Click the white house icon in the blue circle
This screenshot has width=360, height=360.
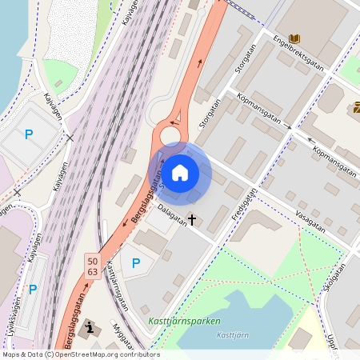tap(180, 172)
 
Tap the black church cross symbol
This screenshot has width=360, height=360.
tap(192, 218)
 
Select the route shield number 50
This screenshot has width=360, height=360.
tap(93, 261)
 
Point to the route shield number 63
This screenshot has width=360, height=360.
tap(93, 272)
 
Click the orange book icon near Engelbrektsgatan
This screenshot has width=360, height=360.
tap(295, 38)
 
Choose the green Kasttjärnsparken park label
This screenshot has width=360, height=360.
tap(184, 322)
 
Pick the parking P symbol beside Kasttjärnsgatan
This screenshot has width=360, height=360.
tap(136, 262)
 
